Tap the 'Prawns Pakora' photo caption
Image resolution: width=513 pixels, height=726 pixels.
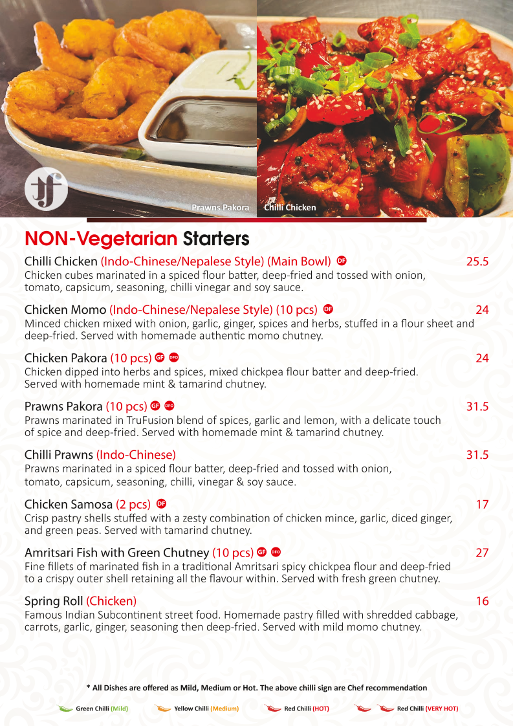click(220, 208)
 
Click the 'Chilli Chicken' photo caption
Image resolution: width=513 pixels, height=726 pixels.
click(290, 208)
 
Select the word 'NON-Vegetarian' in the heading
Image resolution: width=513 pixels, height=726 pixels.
click(101, 239)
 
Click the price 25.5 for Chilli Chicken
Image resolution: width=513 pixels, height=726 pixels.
click(477, 261)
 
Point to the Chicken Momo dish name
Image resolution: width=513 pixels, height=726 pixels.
click(65, 309)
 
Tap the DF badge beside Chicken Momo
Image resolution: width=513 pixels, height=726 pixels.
click(328, 309)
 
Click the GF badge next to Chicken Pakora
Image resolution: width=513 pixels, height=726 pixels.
click(159, 357)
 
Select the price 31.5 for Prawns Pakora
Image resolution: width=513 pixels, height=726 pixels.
click(477, 406)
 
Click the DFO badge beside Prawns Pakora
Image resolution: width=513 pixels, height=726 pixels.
click(169, 406)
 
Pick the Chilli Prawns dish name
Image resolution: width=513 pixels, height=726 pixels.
click(59, 454)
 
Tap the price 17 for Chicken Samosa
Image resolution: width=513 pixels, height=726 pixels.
click(482, 504)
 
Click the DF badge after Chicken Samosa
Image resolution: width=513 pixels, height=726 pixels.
click(162, 503)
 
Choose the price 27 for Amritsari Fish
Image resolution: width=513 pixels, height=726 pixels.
click(482, 553)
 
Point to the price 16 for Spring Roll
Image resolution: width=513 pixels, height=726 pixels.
click(482, 601)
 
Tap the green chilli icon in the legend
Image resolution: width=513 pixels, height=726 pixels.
click(65, 708)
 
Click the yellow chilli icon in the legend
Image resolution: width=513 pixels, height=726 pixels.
click(162, 708)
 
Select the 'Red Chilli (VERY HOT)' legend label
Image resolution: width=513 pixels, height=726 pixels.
click(427, 709)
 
